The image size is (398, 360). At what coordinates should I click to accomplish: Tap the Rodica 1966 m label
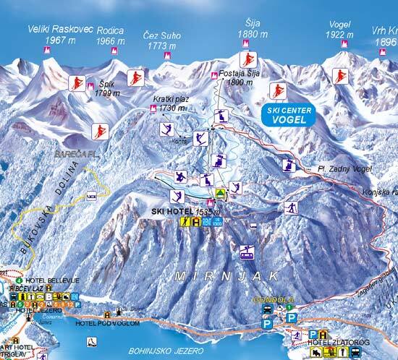(111, 36)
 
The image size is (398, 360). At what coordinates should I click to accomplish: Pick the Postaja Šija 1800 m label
(237, 78)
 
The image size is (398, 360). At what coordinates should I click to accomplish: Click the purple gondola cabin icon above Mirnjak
(247, 252)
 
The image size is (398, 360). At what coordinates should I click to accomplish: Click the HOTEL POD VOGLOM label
(101, 323)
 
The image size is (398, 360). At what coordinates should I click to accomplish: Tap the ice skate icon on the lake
(90, 341)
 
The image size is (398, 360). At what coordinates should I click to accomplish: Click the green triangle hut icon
(220, 193)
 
